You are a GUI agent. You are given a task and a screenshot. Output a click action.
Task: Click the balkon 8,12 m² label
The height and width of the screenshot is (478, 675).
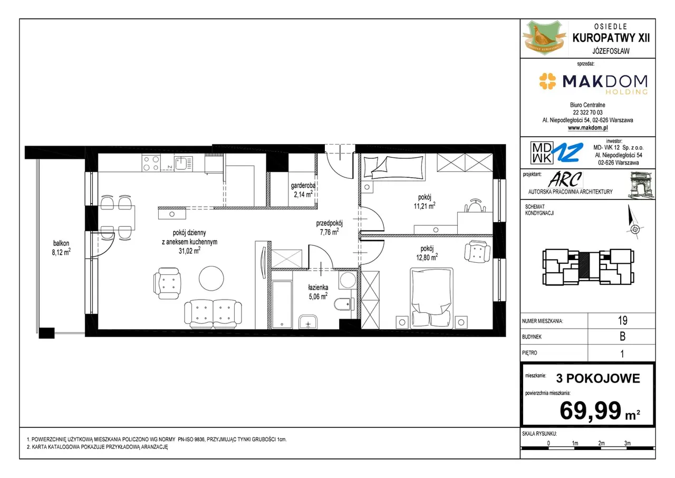click(x=61, y=248)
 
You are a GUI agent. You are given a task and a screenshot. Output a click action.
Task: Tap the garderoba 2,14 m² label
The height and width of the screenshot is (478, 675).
click(x=303, y=190)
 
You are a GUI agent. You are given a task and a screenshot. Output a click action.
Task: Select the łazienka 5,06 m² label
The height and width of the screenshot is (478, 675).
click(x=318, y=292)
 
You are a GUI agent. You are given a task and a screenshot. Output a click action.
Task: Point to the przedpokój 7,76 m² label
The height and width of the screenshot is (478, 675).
click(x=330, y=227)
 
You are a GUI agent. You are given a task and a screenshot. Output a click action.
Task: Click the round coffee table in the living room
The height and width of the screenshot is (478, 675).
click(x=211, y=278)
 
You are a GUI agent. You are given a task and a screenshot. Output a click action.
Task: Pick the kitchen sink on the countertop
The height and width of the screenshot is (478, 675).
click(x=183, y=164)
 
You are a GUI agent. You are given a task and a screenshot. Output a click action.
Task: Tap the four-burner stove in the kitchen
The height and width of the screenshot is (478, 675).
click(x=151, y=163)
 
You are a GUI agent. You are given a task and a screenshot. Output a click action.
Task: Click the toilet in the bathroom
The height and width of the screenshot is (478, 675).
click(x=344, y=304)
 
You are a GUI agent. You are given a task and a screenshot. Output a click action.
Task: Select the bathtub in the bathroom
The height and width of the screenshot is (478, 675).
click(x=282, y=304)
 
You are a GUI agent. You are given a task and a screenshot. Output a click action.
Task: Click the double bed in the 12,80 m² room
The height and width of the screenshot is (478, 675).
click(x=431, y=298)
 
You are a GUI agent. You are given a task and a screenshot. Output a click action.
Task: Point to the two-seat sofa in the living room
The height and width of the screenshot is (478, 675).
click(x=213, y=314)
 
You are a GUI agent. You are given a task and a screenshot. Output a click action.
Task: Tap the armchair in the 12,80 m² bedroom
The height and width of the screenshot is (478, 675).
click(x=477, y=251)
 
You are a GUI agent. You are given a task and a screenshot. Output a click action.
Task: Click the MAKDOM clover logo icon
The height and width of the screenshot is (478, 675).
click(x=547, y=81)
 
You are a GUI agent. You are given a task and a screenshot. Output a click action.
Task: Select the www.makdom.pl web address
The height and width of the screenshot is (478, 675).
click(x=587, y=128)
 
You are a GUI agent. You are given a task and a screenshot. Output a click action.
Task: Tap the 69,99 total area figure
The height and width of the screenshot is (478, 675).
click(x=590, y=410)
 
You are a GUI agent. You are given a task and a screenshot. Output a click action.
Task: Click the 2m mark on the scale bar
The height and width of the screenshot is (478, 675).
click(x=601, y=443)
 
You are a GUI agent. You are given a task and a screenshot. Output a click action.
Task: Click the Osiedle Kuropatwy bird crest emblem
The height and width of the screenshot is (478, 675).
click(x=544, y=37)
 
